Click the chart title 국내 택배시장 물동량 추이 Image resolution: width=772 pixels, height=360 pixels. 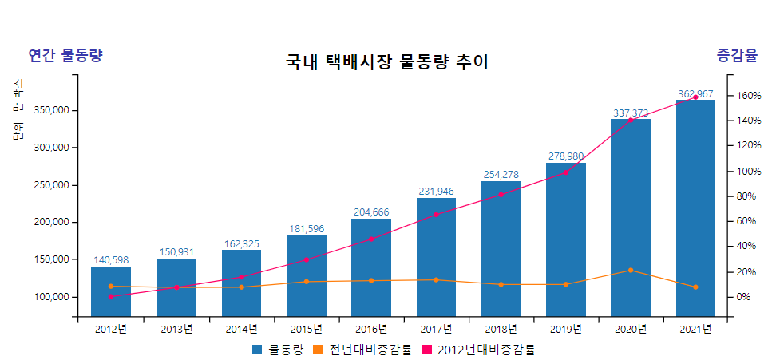point(386,62)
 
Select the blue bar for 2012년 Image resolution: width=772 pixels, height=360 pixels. point(111,291)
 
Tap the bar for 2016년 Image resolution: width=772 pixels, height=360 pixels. point(371,267)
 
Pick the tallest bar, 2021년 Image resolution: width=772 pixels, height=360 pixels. point(695,208)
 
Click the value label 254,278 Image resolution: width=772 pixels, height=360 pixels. point(501,175)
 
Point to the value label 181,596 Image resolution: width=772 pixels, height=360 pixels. point(307,229)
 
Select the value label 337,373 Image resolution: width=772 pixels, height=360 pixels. point(631,113)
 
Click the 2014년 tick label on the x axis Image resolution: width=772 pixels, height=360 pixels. point(241,329)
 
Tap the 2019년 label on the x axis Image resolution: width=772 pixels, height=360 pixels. point(566,329)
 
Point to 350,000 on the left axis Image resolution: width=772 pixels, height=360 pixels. point(54,110)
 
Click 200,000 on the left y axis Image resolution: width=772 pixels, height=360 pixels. point(54,222)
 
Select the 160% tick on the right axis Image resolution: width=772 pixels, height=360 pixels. point(748,96)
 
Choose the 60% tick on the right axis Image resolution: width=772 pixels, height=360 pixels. point(748,221)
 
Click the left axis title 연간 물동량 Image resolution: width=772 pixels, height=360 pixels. point(65,55)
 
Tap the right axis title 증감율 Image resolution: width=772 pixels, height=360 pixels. point(736,55)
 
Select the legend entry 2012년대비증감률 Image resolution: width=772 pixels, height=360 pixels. point(486,350)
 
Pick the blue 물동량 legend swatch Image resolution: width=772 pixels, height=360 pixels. point(257,350)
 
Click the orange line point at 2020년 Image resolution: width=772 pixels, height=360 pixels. point(631,271)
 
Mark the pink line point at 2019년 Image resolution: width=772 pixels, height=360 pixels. point(566,172)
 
